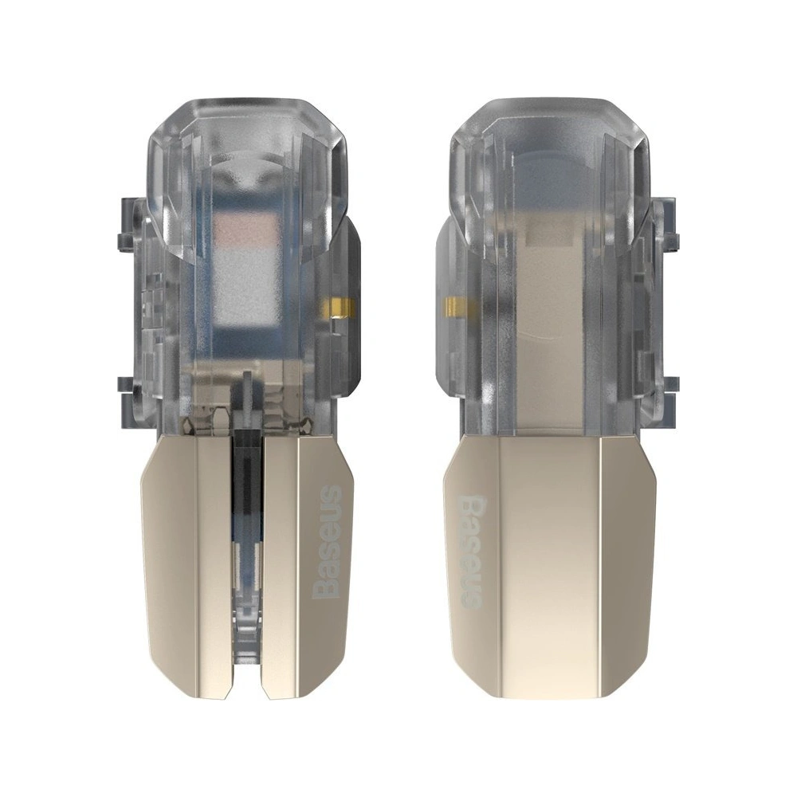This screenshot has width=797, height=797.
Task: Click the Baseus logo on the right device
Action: pos(469,551)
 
